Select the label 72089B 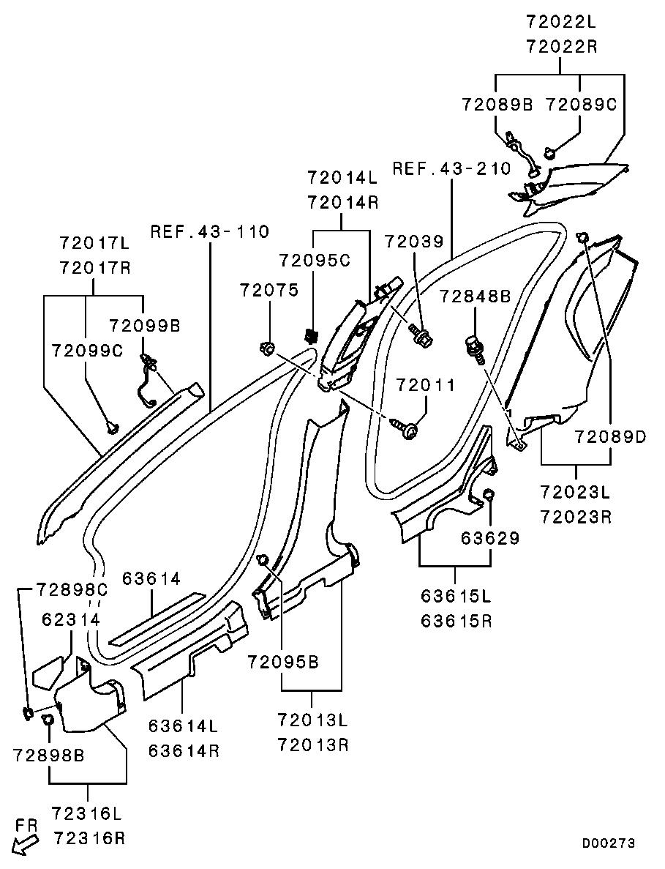(497, 104)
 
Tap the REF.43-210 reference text (451, 168)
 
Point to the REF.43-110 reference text (210, 232)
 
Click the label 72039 (414, 241)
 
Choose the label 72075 (269, 291)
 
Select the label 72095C (315, 260)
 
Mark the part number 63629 (490, 538)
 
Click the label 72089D (610, 437)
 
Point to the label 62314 (70, 619)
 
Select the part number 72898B (48, 755)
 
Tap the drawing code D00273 (608, 843)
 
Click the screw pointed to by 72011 (407, 429)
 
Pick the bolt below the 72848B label (474, 347)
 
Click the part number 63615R (456, 622)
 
